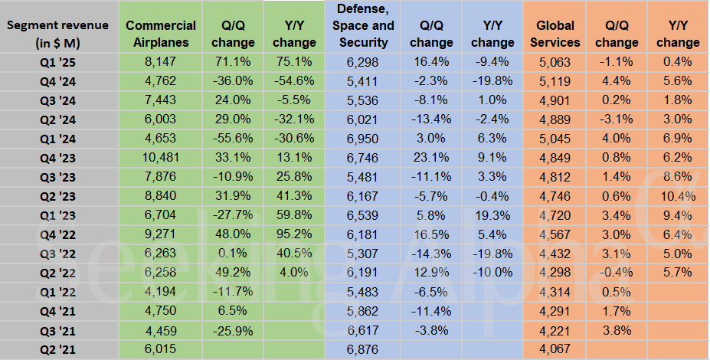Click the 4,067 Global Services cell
pos(555,349)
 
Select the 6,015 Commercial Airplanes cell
pos(161,349)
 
